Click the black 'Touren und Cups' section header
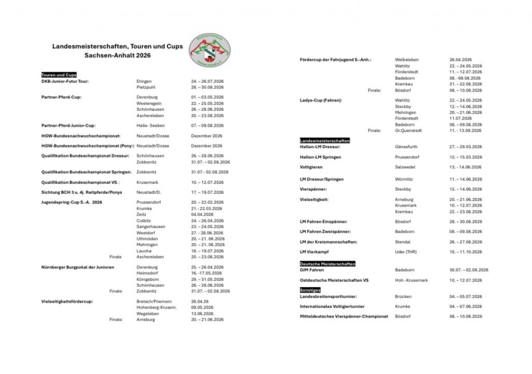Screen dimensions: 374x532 click(59, 75)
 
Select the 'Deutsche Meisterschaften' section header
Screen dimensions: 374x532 click(327, 264)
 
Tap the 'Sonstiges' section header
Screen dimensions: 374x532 click(310, 289)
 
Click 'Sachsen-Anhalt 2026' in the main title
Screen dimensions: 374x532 click(117, 55)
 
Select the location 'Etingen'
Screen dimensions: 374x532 click(144, 81)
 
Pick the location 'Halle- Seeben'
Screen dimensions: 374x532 click(150, 125)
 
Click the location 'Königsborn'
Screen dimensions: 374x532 click(148, 279)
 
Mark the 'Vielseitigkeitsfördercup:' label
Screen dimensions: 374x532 click(67, 301)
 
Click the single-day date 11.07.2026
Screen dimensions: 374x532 click(461, 118)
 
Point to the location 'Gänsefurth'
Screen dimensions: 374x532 click(406, 147)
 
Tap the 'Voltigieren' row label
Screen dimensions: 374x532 click(311, 167)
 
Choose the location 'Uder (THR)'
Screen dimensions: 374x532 click(406, 252)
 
